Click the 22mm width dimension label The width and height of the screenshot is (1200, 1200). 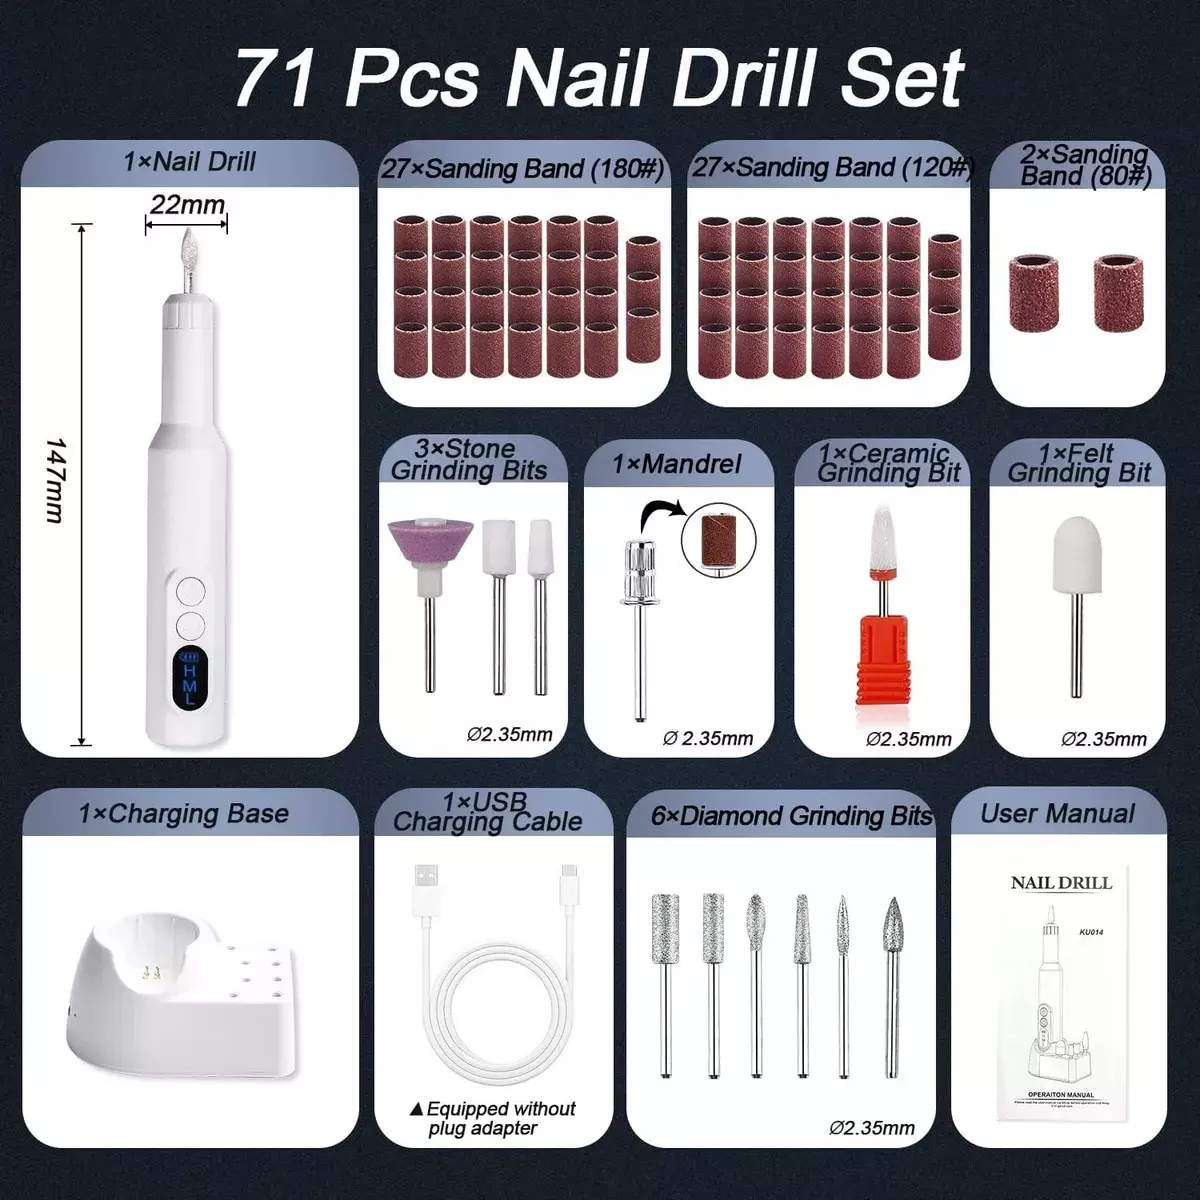(187, 205)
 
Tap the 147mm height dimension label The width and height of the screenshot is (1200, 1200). (55, 480)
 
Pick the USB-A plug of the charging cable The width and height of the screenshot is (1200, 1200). (425, 888)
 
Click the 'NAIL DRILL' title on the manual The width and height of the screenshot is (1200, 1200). (1061, 883)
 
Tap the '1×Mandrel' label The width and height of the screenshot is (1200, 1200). (677, 464)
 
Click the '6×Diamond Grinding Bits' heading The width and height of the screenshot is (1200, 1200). (791, 816)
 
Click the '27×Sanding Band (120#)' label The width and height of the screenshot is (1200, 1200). (831, 168)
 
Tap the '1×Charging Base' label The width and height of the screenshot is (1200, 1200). (184, 814)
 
